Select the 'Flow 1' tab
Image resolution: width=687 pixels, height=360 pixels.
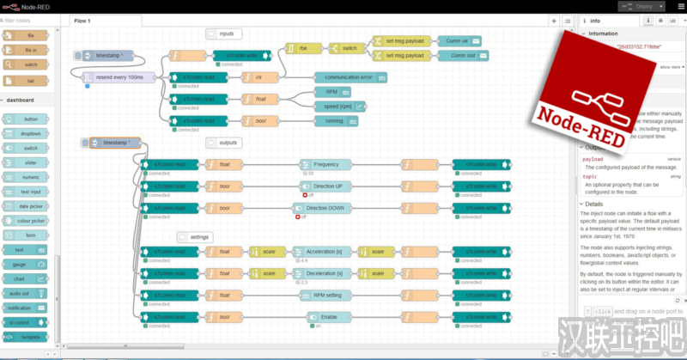click(x=82, y=20)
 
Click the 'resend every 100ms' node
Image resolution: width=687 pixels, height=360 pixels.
click(x=120, y=77)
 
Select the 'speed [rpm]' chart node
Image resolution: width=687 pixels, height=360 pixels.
click(x=336, y=106)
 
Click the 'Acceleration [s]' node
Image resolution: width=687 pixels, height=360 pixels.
click(x=324, y=252)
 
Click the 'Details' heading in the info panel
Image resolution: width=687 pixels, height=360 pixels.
click(x=592, y=204)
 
